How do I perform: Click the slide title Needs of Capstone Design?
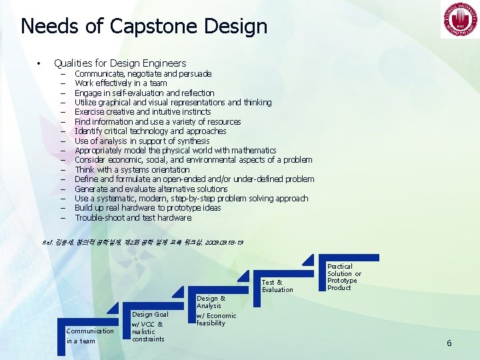[x=144, y=26]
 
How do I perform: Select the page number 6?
[x=449, y=343]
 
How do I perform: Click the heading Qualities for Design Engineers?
[x=120, y=63]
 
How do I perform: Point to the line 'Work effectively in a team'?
[x=121, y=83]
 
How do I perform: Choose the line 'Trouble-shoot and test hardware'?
[x=133, y=217]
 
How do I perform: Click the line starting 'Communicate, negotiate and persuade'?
[x=143, y=74]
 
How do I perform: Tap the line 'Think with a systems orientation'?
[x=132, y=169]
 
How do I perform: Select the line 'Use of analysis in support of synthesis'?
[x=142, y=141]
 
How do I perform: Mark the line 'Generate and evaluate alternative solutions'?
[x=151, y=189]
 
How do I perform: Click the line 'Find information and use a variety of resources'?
[x=157, y=121]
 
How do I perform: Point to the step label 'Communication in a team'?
[x=90, y=336]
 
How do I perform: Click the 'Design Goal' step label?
[x=150, y=314]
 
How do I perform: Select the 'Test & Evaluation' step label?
[x=277, y=286]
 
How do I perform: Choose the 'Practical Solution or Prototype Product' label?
[x=344, y=277]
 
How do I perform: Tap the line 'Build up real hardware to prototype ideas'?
[x=147, y=208]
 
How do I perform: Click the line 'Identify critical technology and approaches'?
[x=150, y=131]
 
